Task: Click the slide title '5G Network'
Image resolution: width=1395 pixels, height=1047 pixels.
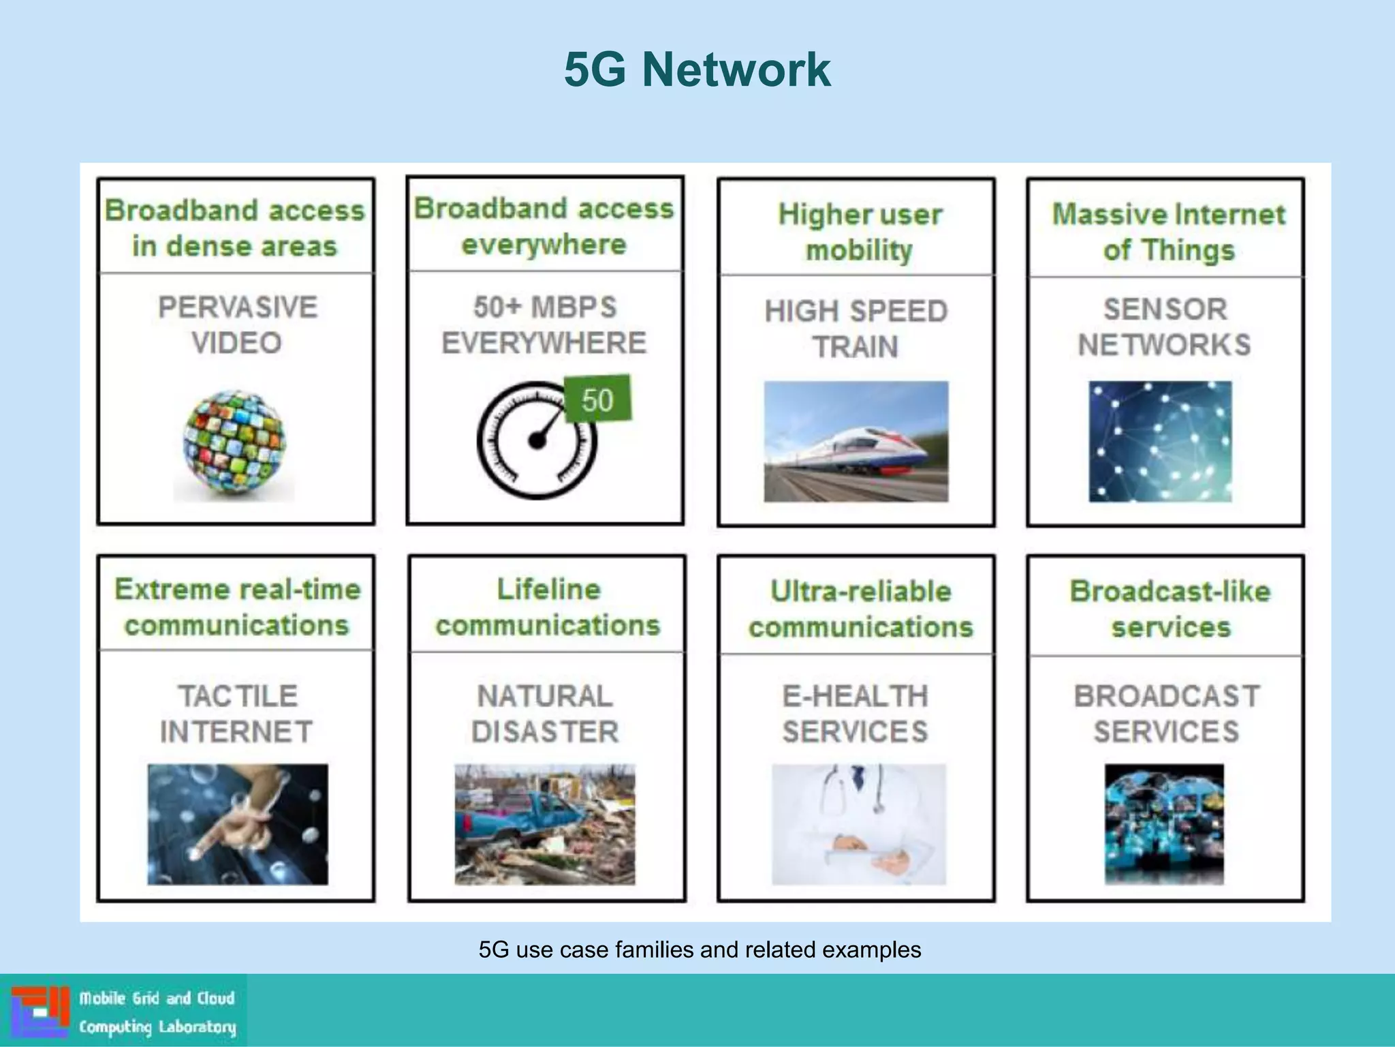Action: tap(697, 70)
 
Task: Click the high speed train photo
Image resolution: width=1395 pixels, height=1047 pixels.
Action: tap(856, 442)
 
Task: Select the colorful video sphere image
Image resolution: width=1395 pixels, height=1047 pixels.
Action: tap(234, 443)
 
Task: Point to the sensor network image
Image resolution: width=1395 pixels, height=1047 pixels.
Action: tap(1160, 442)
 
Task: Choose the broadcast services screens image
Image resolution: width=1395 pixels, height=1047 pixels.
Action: tap(1163, 824)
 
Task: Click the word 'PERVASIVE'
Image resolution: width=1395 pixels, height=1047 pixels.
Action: tap(237, 307)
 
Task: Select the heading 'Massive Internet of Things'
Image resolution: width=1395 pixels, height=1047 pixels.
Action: tap(1168, 232)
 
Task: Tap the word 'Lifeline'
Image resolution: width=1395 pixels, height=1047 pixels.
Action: tap(548, 590)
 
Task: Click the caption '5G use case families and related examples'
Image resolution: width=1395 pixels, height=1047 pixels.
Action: tap(699, 950)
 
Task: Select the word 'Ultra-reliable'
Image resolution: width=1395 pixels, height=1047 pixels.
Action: tap(860, 591)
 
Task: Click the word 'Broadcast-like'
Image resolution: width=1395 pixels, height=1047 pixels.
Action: tap(1170, 591)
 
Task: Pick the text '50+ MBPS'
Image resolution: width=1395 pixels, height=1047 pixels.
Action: tap(545, 307)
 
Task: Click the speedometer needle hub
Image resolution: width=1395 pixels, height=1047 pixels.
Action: tap(537, 441)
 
